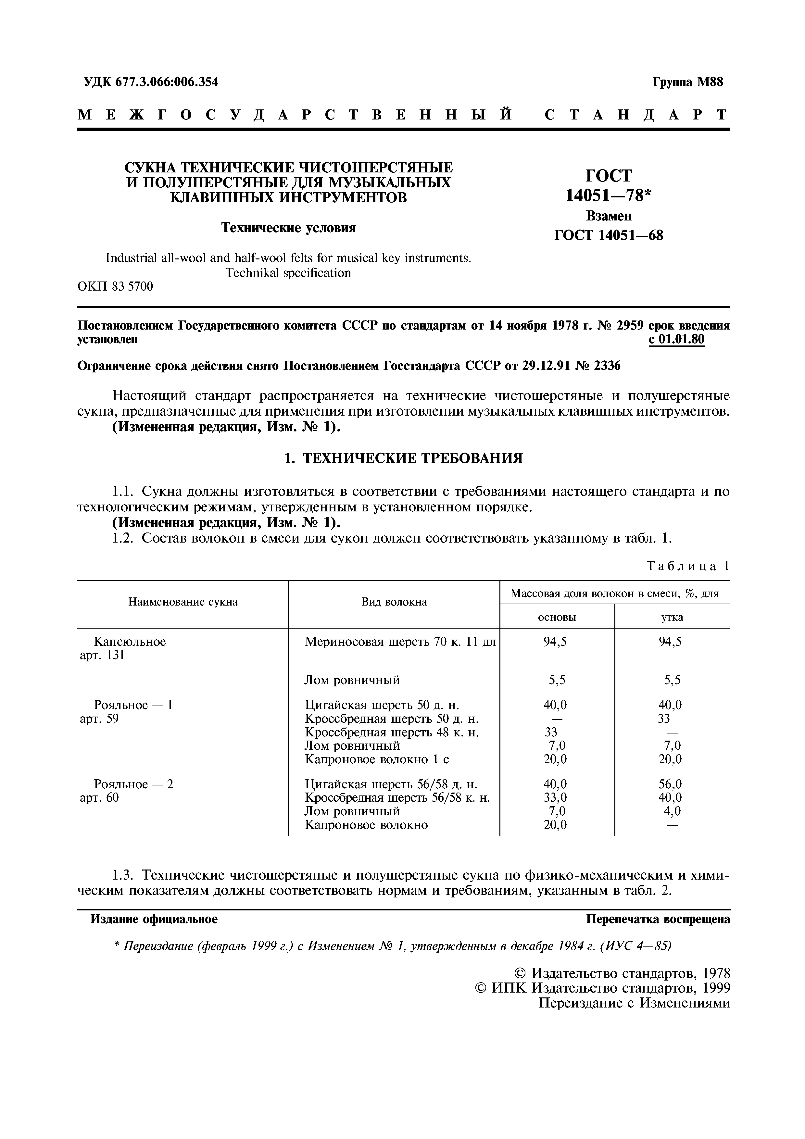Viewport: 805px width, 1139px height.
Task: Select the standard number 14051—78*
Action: click(x=608, y=196)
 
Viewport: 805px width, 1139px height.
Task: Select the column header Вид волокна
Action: click(x=394, y=602)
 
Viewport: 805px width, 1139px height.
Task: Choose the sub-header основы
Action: click(x=557, y=618)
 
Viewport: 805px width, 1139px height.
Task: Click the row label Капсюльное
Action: click(x=130, y=642)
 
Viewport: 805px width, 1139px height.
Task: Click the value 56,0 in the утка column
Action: click(x=670, y=784)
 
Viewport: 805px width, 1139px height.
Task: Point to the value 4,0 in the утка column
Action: click(x=672, y=811)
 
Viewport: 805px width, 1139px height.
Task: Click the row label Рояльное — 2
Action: click(x=133, y=784)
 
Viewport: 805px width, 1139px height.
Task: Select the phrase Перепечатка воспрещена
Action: click(x=658, y=919)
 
